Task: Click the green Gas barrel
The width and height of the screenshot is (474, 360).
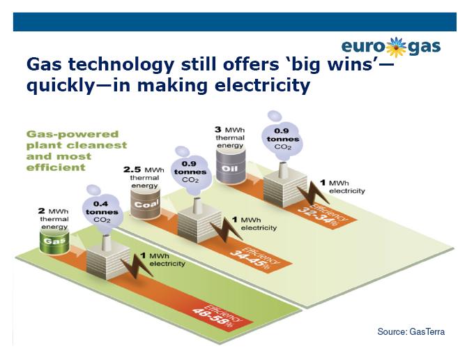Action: click(54, 242)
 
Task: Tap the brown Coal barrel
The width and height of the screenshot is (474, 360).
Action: click(146, 203)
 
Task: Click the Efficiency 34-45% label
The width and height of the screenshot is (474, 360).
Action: click(254, 257)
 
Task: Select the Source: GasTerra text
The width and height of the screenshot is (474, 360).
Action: click(411, 332)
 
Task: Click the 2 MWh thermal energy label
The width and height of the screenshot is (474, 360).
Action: click(54, 219)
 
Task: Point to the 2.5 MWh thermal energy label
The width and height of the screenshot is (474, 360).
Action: click(144, 178)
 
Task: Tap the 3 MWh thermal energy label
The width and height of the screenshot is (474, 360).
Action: click(230, 137)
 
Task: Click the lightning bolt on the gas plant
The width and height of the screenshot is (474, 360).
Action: click(137, 265)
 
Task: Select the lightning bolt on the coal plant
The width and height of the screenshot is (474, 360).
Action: click(226, 229)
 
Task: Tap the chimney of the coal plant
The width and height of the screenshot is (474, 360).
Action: click(197, 207)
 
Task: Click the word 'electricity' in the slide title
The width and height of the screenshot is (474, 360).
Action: click(262, 85)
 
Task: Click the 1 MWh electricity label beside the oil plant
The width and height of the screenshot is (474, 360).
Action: click(342, 187)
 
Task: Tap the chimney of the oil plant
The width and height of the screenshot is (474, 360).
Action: click(283, 170)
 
